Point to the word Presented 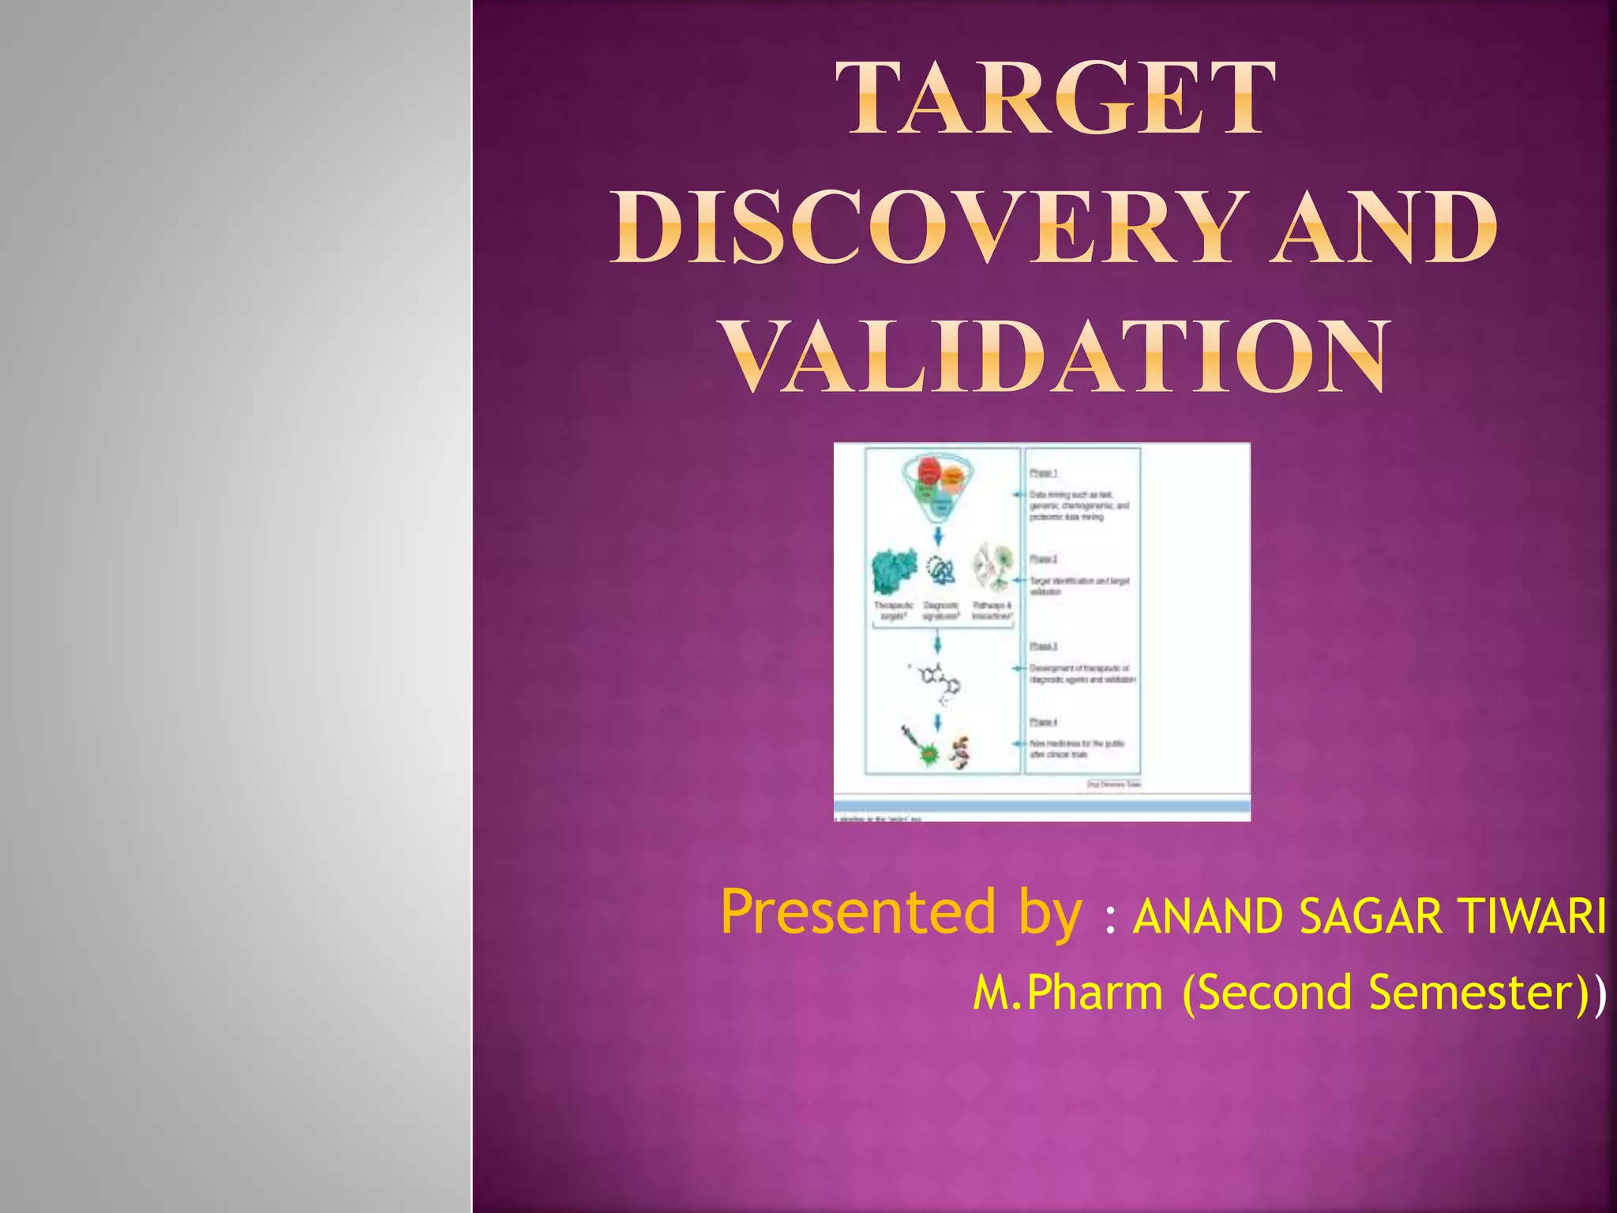click(859, 912)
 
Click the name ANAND click(1209, 918)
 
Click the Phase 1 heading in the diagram click(1043, 472)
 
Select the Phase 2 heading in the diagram click(1043, 558)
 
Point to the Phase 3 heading click(1043, 646)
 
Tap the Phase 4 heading click(1043, 722)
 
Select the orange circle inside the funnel click(953, 475)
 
